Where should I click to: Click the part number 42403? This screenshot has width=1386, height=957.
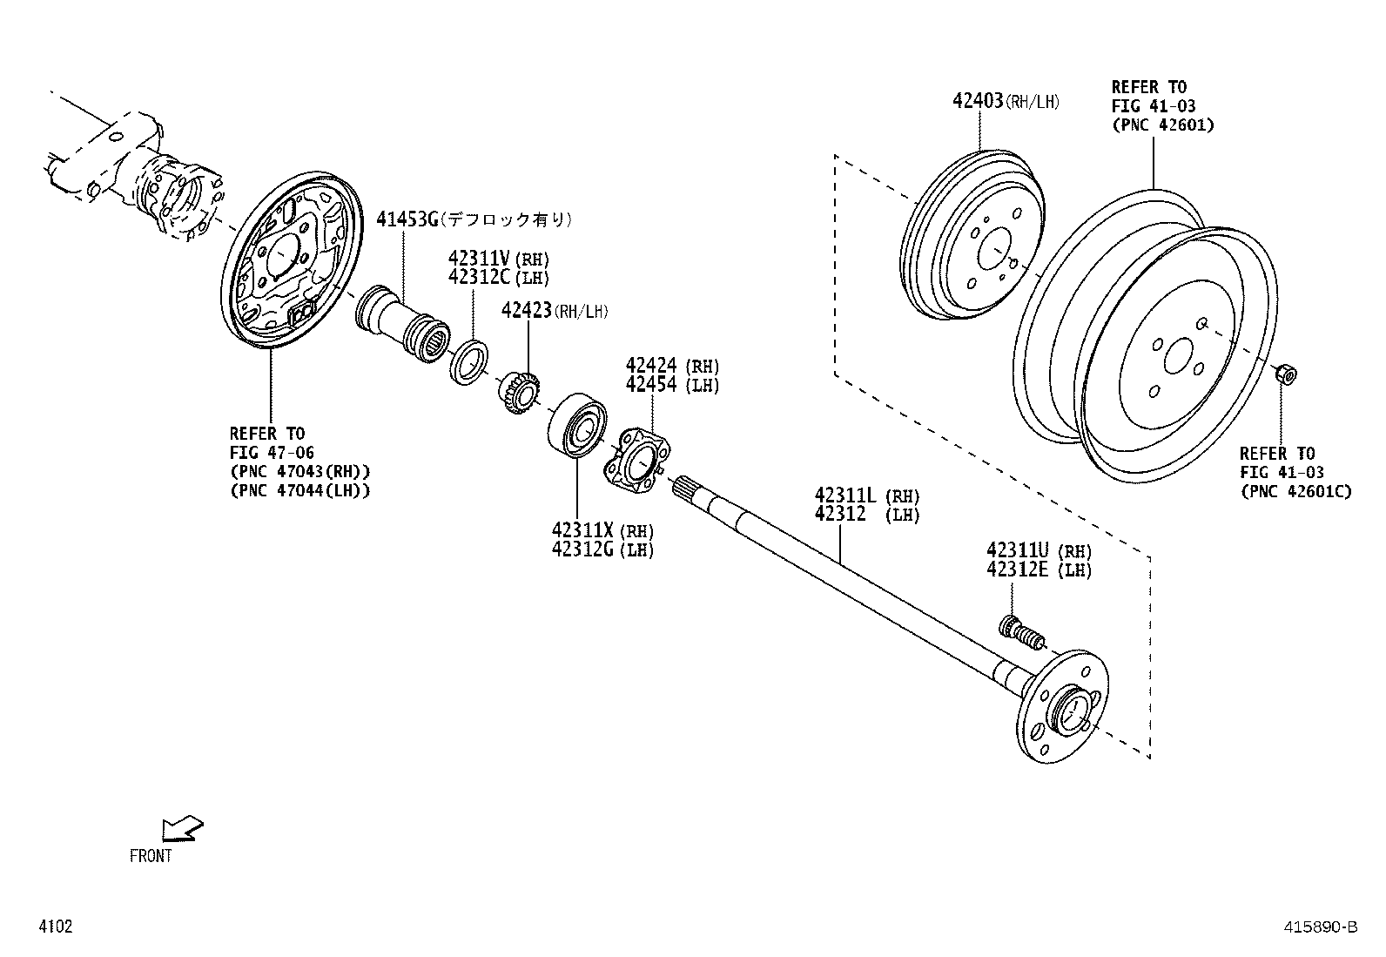coord(978,100)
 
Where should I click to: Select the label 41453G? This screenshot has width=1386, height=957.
coord(407,219)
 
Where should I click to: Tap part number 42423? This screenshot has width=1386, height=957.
coord(526,309)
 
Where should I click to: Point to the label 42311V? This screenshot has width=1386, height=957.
coord(479,258)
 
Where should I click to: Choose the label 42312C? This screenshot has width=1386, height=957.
coord(479,277)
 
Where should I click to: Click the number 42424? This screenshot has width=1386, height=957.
coord(651,365)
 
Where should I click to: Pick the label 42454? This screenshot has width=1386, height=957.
coord(651,384)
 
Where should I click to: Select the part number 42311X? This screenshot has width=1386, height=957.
coord(582,530)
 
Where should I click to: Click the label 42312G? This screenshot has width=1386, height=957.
coord(582,549)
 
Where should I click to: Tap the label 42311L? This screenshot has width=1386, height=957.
coord(846,495)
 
